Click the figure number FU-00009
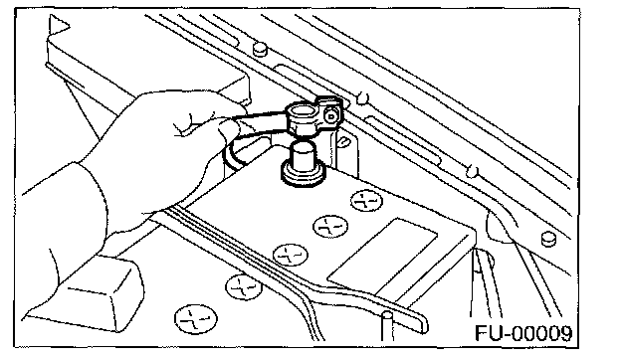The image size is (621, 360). point(523,333)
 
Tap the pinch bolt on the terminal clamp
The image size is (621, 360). point(330,116)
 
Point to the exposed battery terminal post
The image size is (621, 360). point(304,157)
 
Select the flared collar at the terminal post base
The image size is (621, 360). point(303,175)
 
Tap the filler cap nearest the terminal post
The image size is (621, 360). point(367,200)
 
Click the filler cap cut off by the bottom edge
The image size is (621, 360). point(196,319)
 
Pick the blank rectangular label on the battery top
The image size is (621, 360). point(382,254)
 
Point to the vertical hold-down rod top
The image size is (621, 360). point(386,316)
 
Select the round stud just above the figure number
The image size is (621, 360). point(548,238)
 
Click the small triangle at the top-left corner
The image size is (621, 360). point(59,25)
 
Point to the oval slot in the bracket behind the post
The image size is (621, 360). point(343,141)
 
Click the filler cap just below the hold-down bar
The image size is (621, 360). point(243,286)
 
